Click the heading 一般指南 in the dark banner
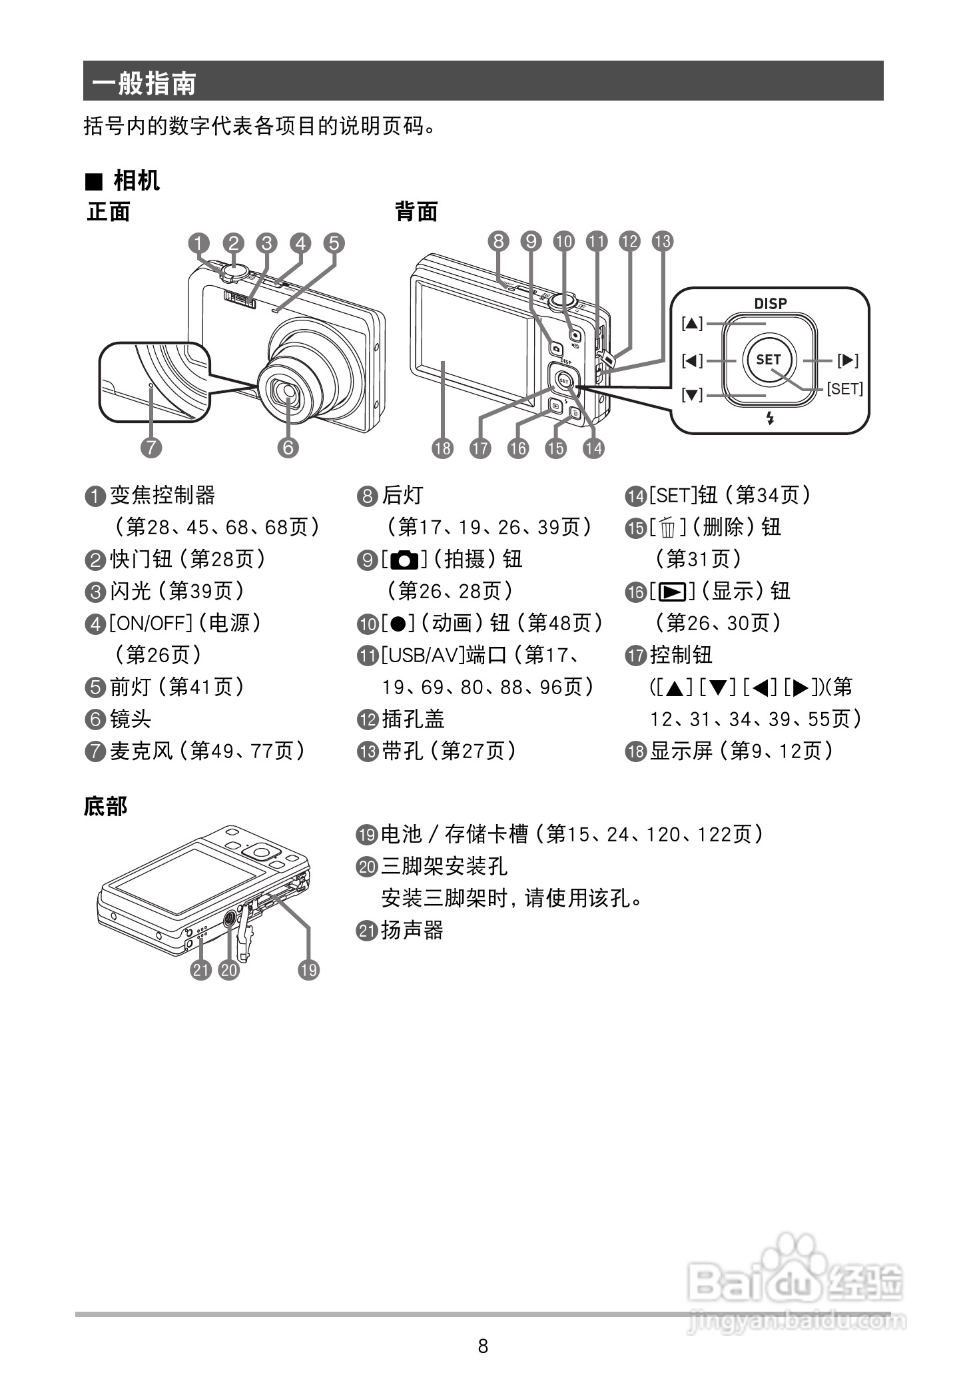pos(144,83)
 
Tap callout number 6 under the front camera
pos(288,447)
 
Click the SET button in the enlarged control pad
pos(768,360)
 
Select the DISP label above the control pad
pos(770,304)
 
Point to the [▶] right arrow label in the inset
pos(847,360)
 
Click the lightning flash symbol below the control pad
pos(771,418)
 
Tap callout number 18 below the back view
pos(443,448)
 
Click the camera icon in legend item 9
pos(404,560)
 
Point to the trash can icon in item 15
pos(668,528)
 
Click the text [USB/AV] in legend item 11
pos(422,656)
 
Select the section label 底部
pos(105,806)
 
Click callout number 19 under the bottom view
pos(308,970)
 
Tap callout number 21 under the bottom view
pos(200,970)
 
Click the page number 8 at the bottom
pos(483,1346)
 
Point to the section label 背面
pos(416,212)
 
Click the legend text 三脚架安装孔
pos(444,866)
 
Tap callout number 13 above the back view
pos(662,241)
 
